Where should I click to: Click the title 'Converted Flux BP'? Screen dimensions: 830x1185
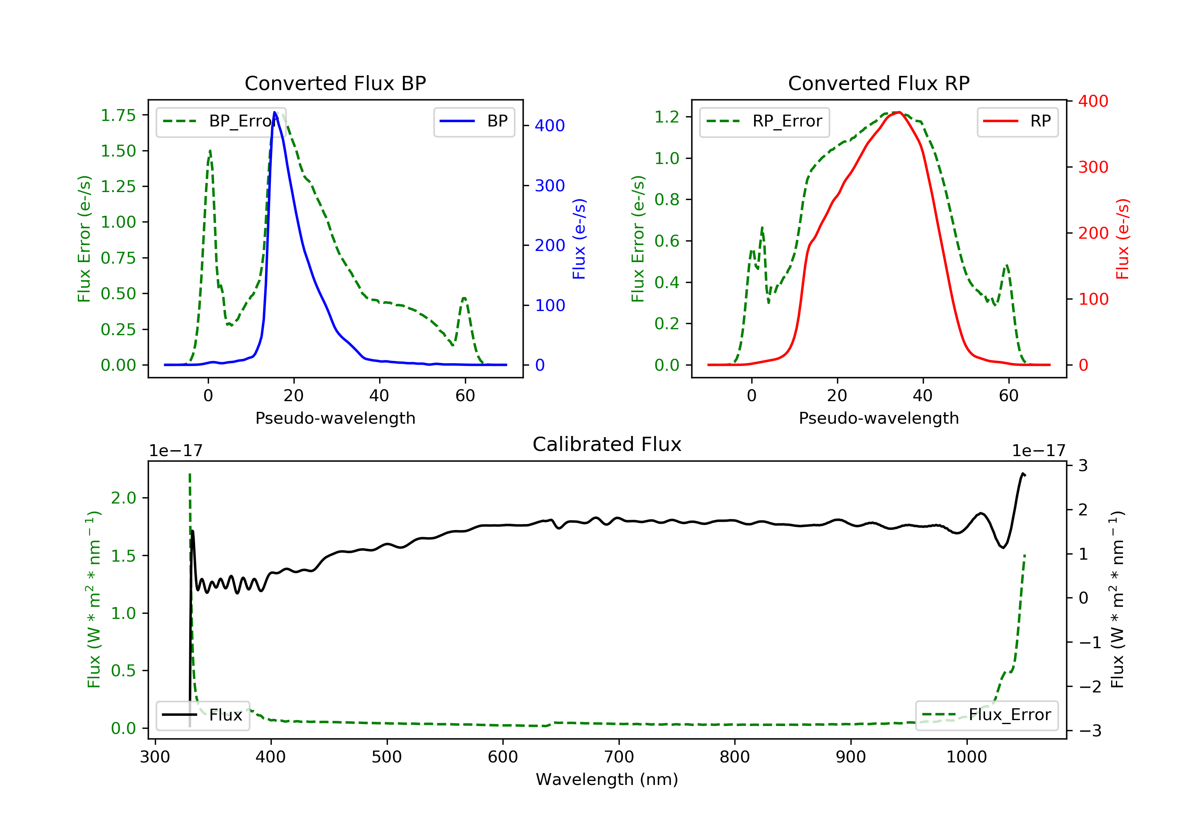(x=335, y=83)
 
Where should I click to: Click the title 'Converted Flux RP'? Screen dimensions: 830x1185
(x=878, y=83)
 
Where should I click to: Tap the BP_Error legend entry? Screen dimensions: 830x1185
(x=221, y=121)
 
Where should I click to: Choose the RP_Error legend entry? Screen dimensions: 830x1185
(x=764, y=121)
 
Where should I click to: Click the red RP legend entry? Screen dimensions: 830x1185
(x=1017, y=121)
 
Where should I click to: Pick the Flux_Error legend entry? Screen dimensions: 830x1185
(x=986, y=715)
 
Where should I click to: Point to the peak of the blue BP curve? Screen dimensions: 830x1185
(x=275, y=112)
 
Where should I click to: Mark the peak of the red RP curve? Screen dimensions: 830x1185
(x=899, y=112)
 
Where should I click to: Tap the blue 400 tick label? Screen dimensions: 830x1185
(x=550, y=126)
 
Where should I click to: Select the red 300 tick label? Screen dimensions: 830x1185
(x=1093, y=167)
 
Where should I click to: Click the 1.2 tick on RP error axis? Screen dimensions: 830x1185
(x=667, y=117)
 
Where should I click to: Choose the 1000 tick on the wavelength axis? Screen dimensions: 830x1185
(x=966, y=757)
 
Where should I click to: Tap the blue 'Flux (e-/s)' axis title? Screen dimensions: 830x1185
(x=579, y=239)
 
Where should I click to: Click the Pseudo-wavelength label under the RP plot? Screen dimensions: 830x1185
(x=878, y=418)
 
